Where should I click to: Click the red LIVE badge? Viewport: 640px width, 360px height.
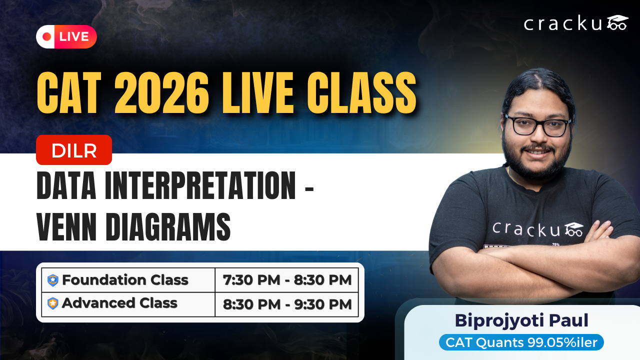[x=66, y=36]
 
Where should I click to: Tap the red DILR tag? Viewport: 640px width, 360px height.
[x=74, y=150]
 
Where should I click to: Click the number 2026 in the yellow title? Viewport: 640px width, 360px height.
[x=161, y=93]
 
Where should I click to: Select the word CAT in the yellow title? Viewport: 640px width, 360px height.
[x=69, y=93]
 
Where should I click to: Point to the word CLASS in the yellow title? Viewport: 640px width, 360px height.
[x=361, y=93]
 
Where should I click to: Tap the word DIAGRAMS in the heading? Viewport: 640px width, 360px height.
[x=168, y=226]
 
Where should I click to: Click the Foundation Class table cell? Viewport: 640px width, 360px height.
[x=128, y=280]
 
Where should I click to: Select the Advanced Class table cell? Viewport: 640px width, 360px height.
[x=128, y=304]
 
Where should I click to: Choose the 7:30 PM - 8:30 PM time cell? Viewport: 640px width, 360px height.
[x=287, y=280]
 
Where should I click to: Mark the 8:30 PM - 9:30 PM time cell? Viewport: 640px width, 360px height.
[x=287, y=304]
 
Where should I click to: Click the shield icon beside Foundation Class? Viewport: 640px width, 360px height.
[x=53, y=280]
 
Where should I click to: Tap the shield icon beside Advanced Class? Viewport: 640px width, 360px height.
[x=53, y=303]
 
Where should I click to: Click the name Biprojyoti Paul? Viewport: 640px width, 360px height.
[x=521, y=320]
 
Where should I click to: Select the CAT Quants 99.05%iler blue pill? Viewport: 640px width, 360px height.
[x=521, y=342]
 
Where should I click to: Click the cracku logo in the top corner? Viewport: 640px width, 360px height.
[x=575, y=23]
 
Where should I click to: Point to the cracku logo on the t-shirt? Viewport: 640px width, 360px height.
[x=537, y=229]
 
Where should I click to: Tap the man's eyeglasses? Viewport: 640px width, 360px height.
[x=537, y=125]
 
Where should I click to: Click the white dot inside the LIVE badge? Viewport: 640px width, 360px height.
[x=47, y=36]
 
